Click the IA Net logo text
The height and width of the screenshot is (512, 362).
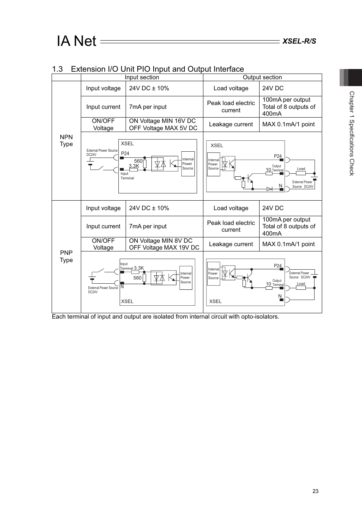click(77, 41)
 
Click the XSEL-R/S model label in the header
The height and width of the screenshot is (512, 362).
click(299, 41)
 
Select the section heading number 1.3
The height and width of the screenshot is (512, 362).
click(57, 69)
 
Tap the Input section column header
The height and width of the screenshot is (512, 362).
click(142, 77)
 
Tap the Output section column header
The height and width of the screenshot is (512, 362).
click(262, 77)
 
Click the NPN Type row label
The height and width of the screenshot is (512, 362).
click(66, 140)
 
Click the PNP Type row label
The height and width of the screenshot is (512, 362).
click(66, 256)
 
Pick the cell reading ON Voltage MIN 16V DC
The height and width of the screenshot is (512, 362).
click(162, 121)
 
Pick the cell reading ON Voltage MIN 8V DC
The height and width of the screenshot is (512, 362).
click(161, 241)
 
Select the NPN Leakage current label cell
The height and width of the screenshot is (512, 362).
click(231, 124)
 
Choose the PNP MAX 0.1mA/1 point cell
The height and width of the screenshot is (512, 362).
click(288, 244)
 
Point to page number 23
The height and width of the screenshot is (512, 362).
click(315, 491)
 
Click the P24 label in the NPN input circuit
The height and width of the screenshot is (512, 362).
click(125, 153)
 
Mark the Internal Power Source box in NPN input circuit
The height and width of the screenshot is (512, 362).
click(188, 164)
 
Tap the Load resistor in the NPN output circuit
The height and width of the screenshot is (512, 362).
click(301, 173)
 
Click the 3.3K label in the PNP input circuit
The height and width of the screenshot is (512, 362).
click(139, 268)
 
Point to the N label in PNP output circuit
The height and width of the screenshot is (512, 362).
click(280, 296)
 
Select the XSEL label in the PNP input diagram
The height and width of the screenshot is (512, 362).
click(127, 301)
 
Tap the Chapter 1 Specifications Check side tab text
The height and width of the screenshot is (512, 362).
click(352, 133)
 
